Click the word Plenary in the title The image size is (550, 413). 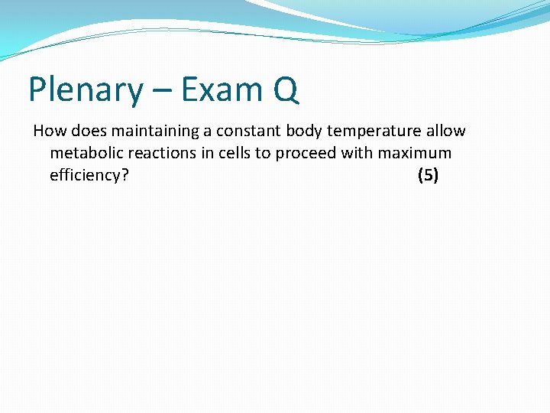(85, 91)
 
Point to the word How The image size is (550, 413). (50, 131)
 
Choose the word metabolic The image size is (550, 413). (85, 153)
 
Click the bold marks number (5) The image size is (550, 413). (428, 175)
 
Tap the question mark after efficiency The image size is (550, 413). (125, 175)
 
